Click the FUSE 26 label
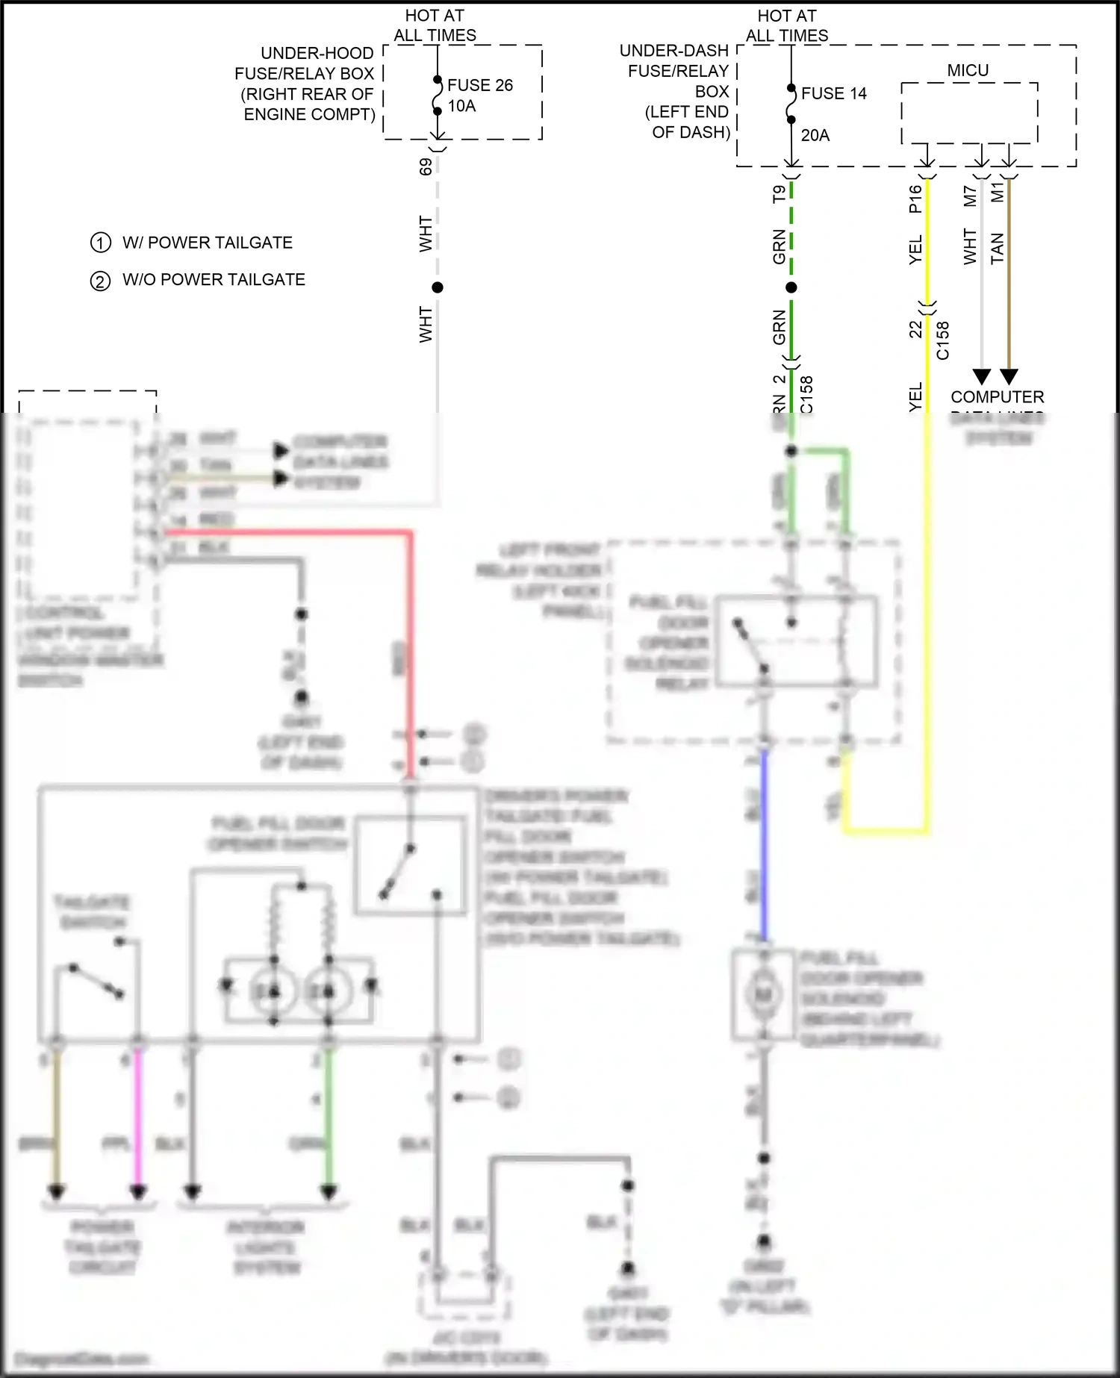click(479, 85)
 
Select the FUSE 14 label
click(833, 93)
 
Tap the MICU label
click(968, 70)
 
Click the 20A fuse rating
click(815, 135)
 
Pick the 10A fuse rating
click(461, 106)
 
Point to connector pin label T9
click(779, 194)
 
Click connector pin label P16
click(915, 199)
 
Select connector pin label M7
click(970, 196)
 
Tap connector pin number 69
click(426, 166)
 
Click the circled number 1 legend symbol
click(100, 243)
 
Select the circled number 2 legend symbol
click(100, 281)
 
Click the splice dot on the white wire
click(438, 287)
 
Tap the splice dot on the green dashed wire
click(791, 287)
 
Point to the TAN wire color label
click(998, 248)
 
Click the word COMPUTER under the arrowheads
click(997, 397)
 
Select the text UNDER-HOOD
click(317, 54)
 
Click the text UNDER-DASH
click(673, 51)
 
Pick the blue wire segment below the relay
click(764, 844)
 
